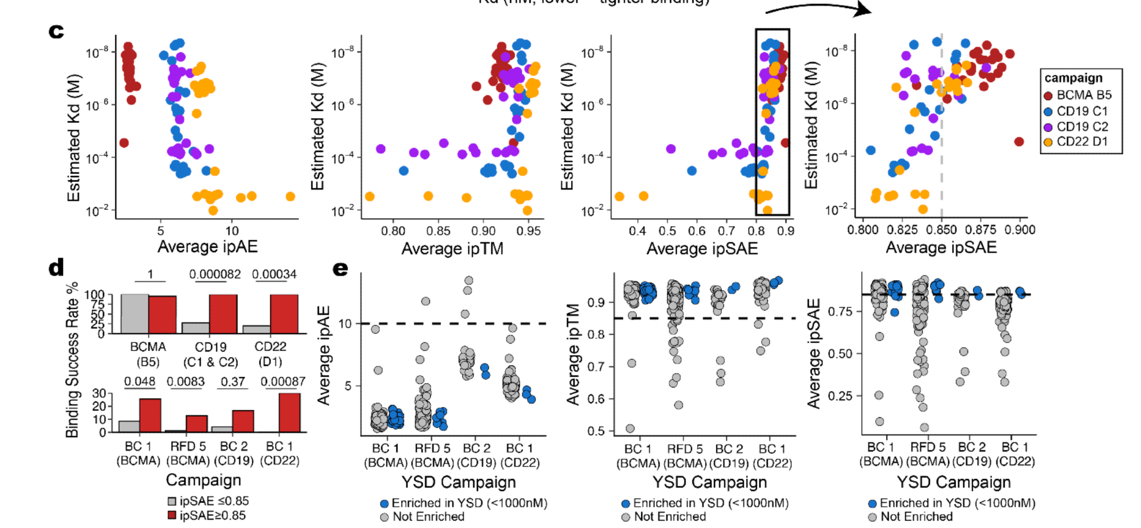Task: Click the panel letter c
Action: click(56, 31)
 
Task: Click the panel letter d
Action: click(56, 268)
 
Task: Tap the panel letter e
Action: click(340, 268)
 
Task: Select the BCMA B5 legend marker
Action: click(1048, 95)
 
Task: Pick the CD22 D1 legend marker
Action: click(1048, 142)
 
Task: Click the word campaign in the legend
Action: click(1073, 78)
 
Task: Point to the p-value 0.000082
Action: click(215, 275)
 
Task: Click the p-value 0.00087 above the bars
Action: click(283, 382)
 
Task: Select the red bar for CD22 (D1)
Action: click(284, 314)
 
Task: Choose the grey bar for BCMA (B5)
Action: click(135, 314)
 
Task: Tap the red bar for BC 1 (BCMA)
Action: click(150, 416)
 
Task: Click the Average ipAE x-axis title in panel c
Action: click(207, 247)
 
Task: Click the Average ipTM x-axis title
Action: click(452, 249)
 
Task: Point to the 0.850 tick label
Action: click(941, 230)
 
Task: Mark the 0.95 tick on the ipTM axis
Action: click(529, 231)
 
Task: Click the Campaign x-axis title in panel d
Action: click(203, 480)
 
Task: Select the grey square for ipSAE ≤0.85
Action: click(172, 501)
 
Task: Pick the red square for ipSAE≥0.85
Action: click(172, 515)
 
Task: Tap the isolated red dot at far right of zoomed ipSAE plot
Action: click(1019, 142)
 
